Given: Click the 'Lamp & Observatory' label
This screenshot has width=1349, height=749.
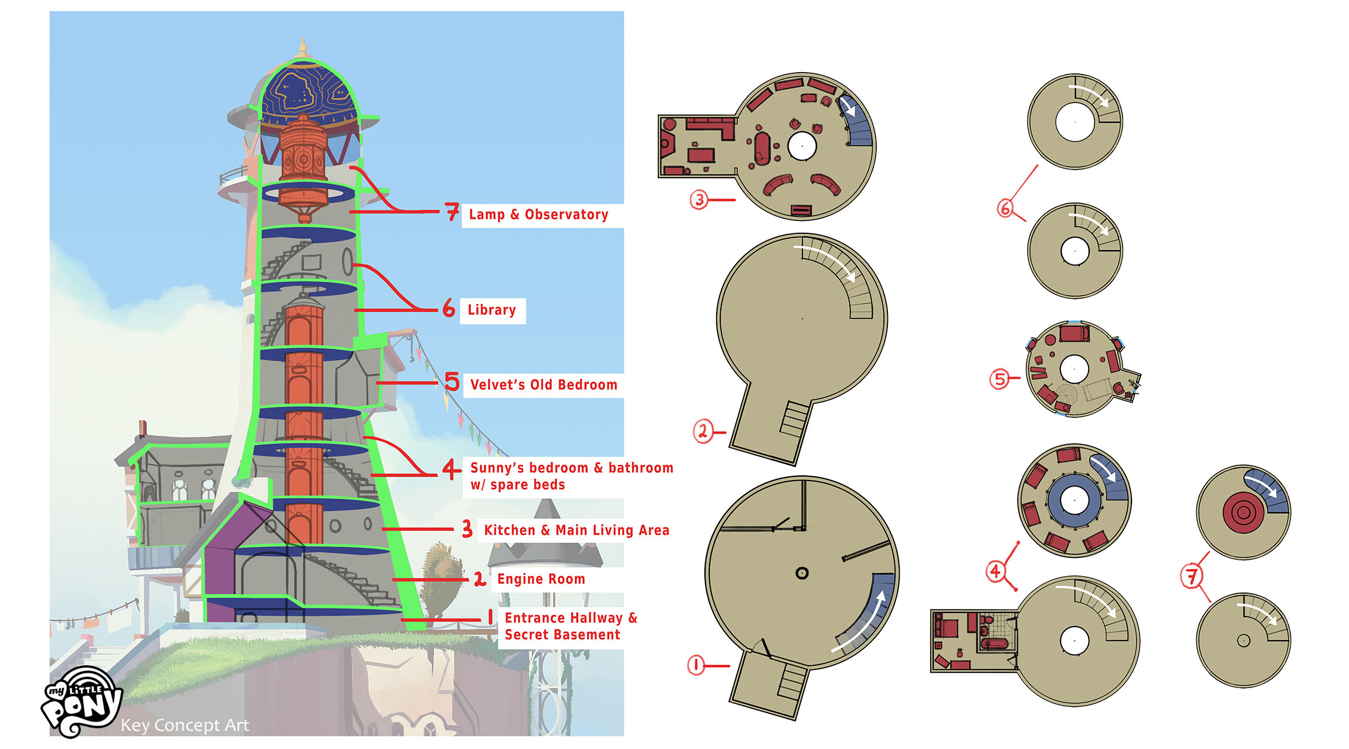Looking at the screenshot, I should [538, 215].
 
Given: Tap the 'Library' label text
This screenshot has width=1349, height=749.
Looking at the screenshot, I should [492, 310].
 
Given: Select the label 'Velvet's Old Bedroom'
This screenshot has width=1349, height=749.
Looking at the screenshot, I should [543, 385].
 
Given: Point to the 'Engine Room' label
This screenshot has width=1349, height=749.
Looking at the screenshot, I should [541, 579].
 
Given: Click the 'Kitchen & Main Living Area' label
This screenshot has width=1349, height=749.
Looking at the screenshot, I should [576, 530].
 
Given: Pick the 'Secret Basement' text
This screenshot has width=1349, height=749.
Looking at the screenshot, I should [562, 635].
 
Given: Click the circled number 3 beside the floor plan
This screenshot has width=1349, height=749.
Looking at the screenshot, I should [699, 200].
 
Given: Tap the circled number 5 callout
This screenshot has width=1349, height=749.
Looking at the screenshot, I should [999, 379].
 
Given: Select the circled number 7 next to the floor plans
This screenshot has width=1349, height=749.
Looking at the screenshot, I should [1191, 576].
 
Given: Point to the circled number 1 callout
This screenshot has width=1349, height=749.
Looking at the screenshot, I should [696, 665].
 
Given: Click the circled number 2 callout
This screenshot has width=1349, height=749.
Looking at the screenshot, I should [702, 431].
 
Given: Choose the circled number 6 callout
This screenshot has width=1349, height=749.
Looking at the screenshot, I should [1005, 208].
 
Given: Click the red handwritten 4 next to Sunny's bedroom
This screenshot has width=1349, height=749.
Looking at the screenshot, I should [450, 469].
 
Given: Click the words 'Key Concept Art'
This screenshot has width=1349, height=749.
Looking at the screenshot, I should [185, 726].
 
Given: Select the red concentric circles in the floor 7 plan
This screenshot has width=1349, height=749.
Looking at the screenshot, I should [1242, 513].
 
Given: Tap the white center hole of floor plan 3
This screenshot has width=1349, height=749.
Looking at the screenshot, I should [802, 145].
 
